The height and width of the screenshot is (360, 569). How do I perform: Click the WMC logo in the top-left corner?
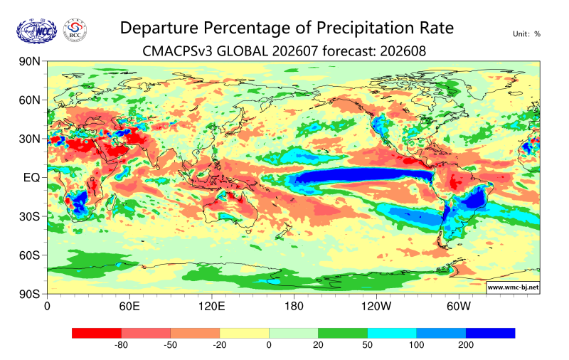pyautogui.click(x=37, y=31)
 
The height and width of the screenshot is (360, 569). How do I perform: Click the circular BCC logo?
pyautogui.click(x=75, y=31)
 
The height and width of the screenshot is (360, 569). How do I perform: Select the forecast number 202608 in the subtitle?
pyautogui.click(x=403, y=51)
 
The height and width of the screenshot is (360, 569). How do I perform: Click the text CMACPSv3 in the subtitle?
pyautogui.click(x=177, y=51)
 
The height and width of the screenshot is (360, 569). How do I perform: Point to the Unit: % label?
pyautogui.click(x=526, y=34)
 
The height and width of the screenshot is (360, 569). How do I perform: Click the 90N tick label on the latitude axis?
pyautogui.click(x=29, y=61)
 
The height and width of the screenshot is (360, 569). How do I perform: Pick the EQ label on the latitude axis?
pyautogui.click(x=31, y=177)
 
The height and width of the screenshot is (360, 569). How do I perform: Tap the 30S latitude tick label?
pyautogui.click(x=29, y=216)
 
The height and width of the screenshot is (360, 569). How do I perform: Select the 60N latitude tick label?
pyautogui.click(x=29, y=100)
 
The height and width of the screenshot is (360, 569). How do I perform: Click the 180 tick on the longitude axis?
pyautogui.click(x=294, y=307)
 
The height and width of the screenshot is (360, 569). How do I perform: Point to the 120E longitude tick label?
pyautogui.click(x=211, y=307)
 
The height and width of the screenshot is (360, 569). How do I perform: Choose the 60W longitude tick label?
pyautogui.click(x=458, y=307)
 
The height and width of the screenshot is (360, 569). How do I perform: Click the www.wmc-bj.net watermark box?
pyautogui.click(x=513, y=287)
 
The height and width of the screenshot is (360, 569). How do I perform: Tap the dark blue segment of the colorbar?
pyautogui.click(x=490, y=333)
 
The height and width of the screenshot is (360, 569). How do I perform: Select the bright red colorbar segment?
pyautogui.click(x=97, y=333)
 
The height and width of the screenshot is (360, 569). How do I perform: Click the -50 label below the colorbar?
pyautogui.click(x=170, y=345)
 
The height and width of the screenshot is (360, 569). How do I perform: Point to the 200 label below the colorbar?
pyautogui.click(x=466, y=345)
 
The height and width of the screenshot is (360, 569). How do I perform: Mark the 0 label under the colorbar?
pyautogui.click(x=269, y=345)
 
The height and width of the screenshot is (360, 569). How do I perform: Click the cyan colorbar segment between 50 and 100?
pyautogui.click(x=392, y=333)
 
